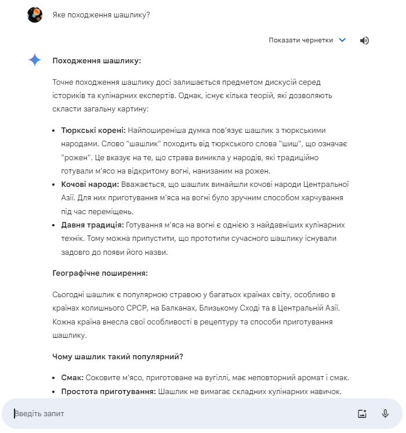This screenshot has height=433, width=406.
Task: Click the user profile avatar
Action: [x=35, y=15]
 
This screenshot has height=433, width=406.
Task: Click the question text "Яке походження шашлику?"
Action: [x=101, y=15]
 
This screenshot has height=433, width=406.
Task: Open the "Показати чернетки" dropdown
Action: [x=301, y=40]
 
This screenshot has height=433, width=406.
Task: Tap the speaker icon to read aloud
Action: [x=364, y=40]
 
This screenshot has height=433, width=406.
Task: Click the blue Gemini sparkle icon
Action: [x=35, y=60]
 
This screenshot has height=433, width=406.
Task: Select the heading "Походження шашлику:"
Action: [x=96, y=60]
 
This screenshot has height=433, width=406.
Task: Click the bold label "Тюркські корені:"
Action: [x=93, y=130]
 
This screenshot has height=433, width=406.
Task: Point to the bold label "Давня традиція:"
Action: [x=92, y=224]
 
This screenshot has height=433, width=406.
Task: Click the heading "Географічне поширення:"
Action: [x=100, y=272]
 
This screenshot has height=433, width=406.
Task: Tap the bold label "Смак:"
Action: [x=72, y=377]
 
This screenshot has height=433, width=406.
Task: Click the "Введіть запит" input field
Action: [x=174, y=414]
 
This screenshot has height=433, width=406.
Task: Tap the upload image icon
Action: [x=362, y=414]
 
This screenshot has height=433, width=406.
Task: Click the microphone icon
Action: [x=385, y=414]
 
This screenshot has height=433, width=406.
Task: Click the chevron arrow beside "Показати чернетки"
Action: [x=342, y=40]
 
